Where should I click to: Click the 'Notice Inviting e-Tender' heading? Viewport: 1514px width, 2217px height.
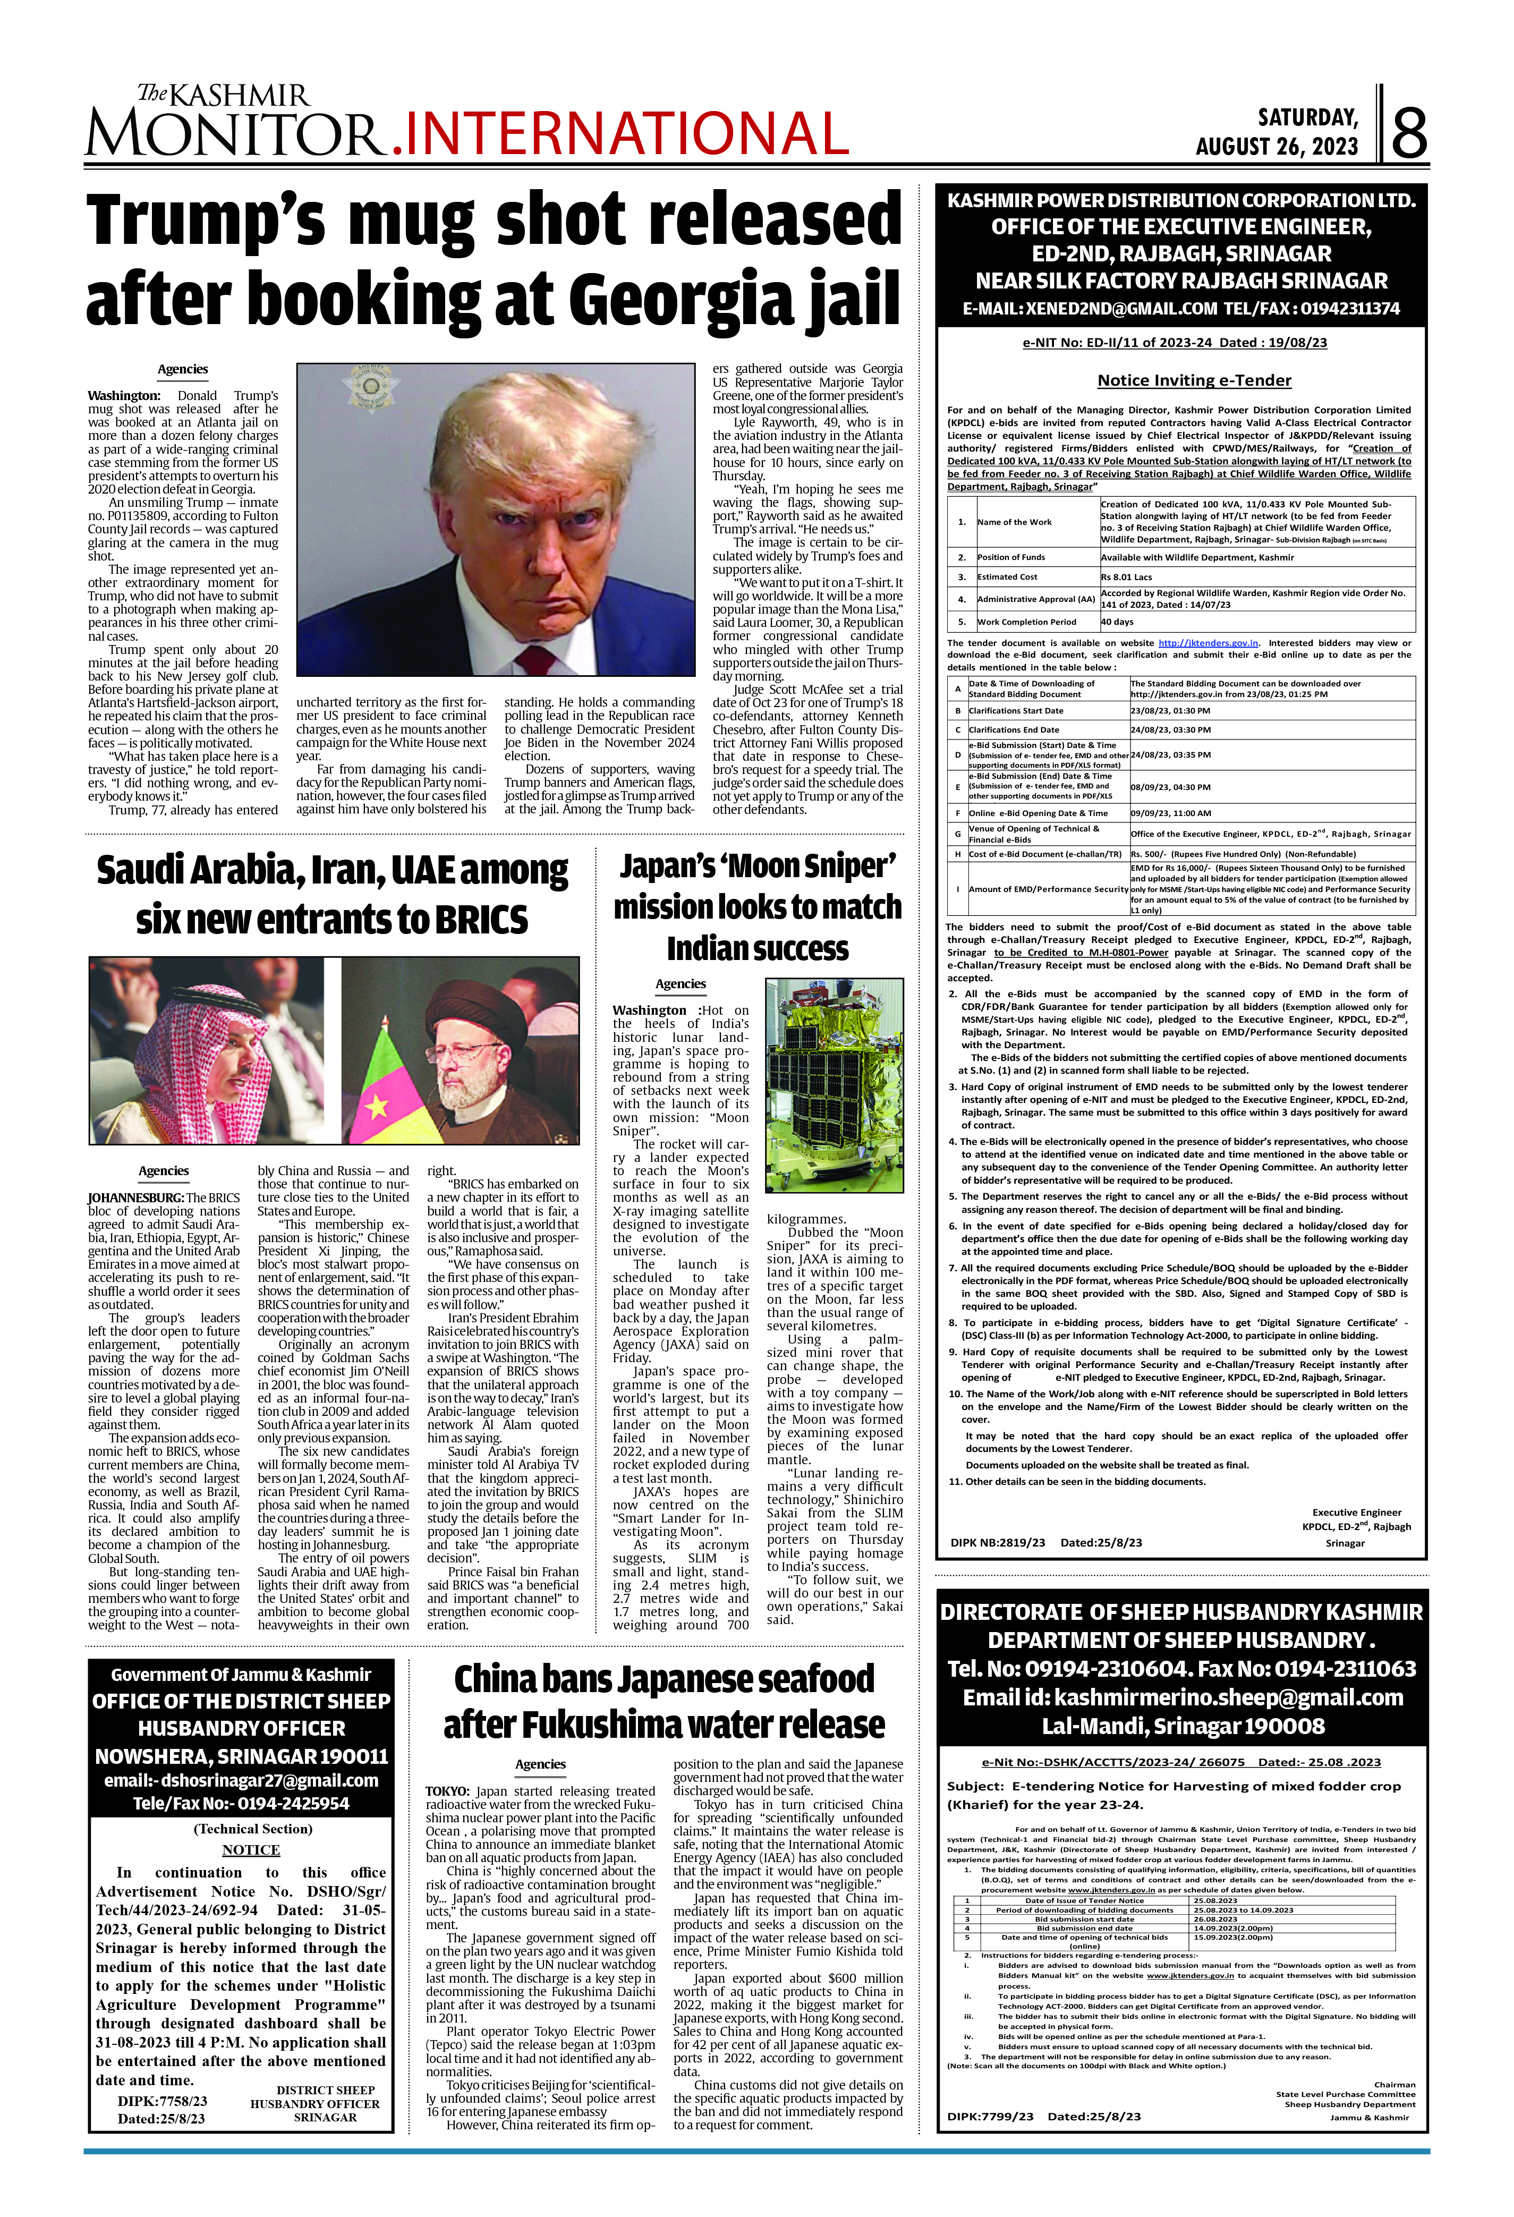[1194, 380]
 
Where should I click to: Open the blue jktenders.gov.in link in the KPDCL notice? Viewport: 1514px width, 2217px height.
[1207, 643]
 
